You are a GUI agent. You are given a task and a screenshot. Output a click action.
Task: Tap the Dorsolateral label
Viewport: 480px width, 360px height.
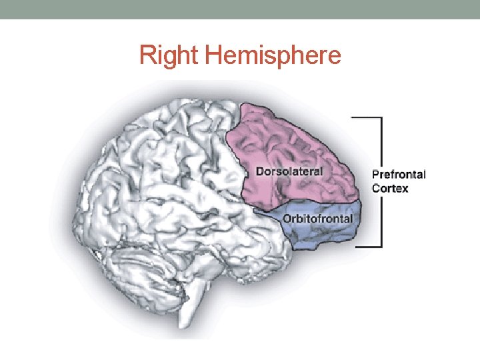coord(290,171)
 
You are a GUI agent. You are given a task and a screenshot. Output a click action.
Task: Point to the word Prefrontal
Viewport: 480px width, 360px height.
coord(399,175)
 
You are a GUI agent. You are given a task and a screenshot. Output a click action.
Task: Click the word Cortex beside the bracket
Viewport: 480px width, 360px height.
coord(390,189)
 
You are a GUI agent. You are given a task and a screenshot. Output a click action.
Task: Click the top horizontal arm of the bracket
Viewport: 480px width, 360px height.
coord(367,118)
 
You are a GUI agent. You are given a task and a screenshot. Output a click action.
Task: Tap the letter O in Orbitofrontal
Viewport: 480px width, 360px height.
coord(287,219)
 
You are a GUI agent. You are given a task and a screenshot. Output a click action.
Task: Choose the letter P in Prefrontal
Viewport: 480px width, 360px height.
coord(375,175)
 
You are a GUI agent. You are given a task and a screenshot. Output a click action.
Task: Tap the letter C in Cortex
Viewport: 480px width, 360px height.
coord(376,189)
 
